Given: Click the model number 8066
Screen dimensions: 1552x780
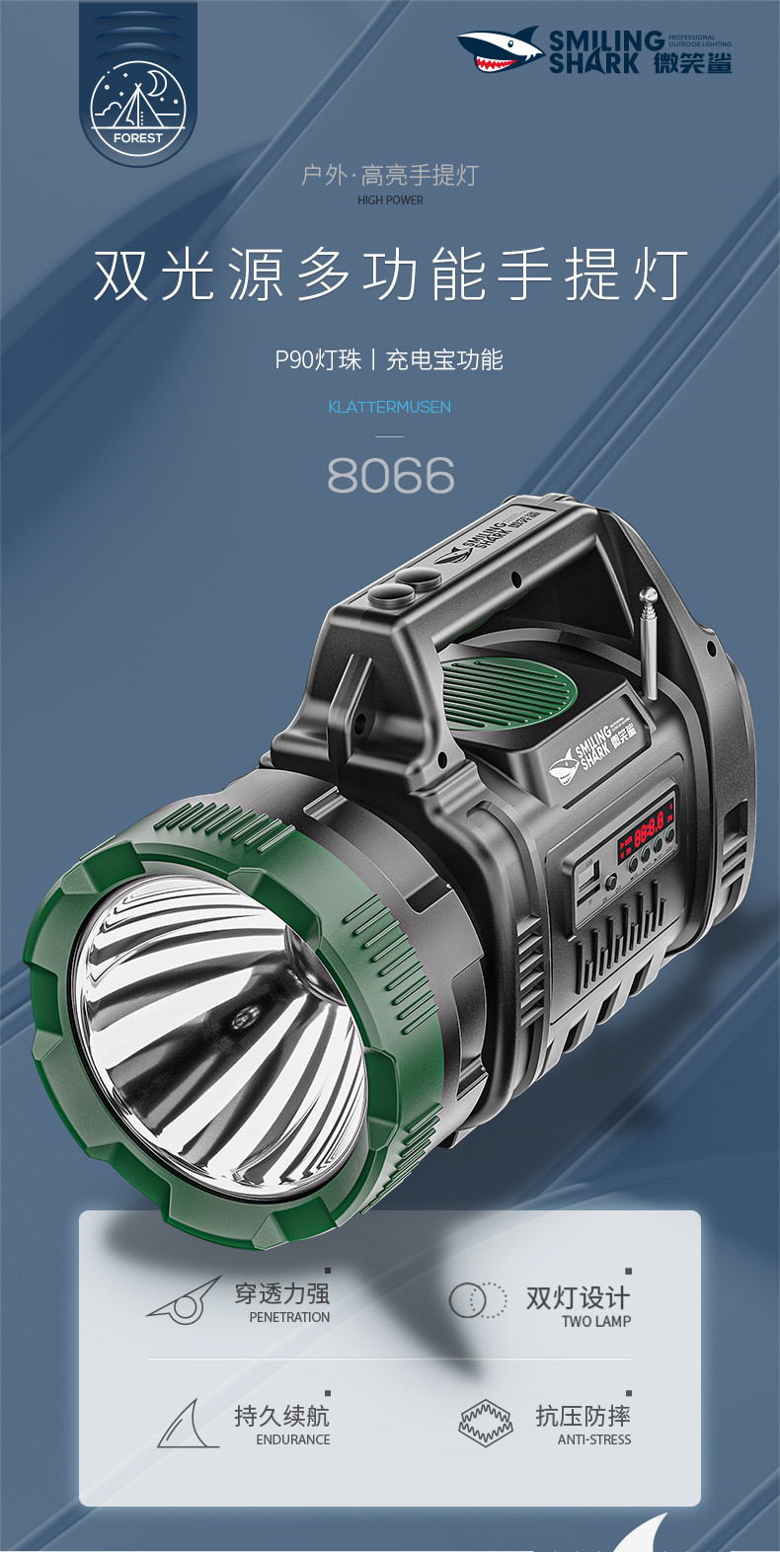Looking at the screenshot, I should (390, 476).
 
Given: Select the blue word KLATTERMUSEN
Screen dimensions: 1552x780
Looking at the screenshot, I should (389, 407).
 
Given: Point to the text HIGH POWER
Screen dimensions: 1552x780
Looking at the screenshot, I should (390, 200).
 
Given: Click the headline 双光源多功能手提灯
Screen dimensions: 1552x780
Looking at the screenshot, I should (390, 274).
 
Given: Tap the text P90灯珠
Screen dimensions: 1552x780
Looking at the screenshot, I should (318, 359).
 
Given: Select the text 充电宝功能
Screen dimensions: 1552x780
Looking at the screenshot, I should (444, 359).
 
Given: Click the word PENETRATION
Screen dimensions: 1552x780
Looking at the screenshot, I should (289, 1317).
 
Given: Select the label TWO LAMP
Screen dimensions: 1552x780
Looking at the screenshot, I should (596, 1321).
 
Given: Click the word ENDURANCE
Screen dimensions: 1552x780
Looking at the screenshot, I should (293, 1439).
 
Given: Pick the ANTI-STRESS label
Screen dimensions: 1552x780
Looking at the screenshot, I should (594, 1439).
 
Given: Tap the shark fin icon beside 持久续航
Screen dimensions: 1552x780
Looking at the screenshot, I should (188, 1425).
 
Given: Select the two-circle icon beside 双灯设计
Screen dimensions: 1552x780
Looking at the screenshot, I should (478, 1299).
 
